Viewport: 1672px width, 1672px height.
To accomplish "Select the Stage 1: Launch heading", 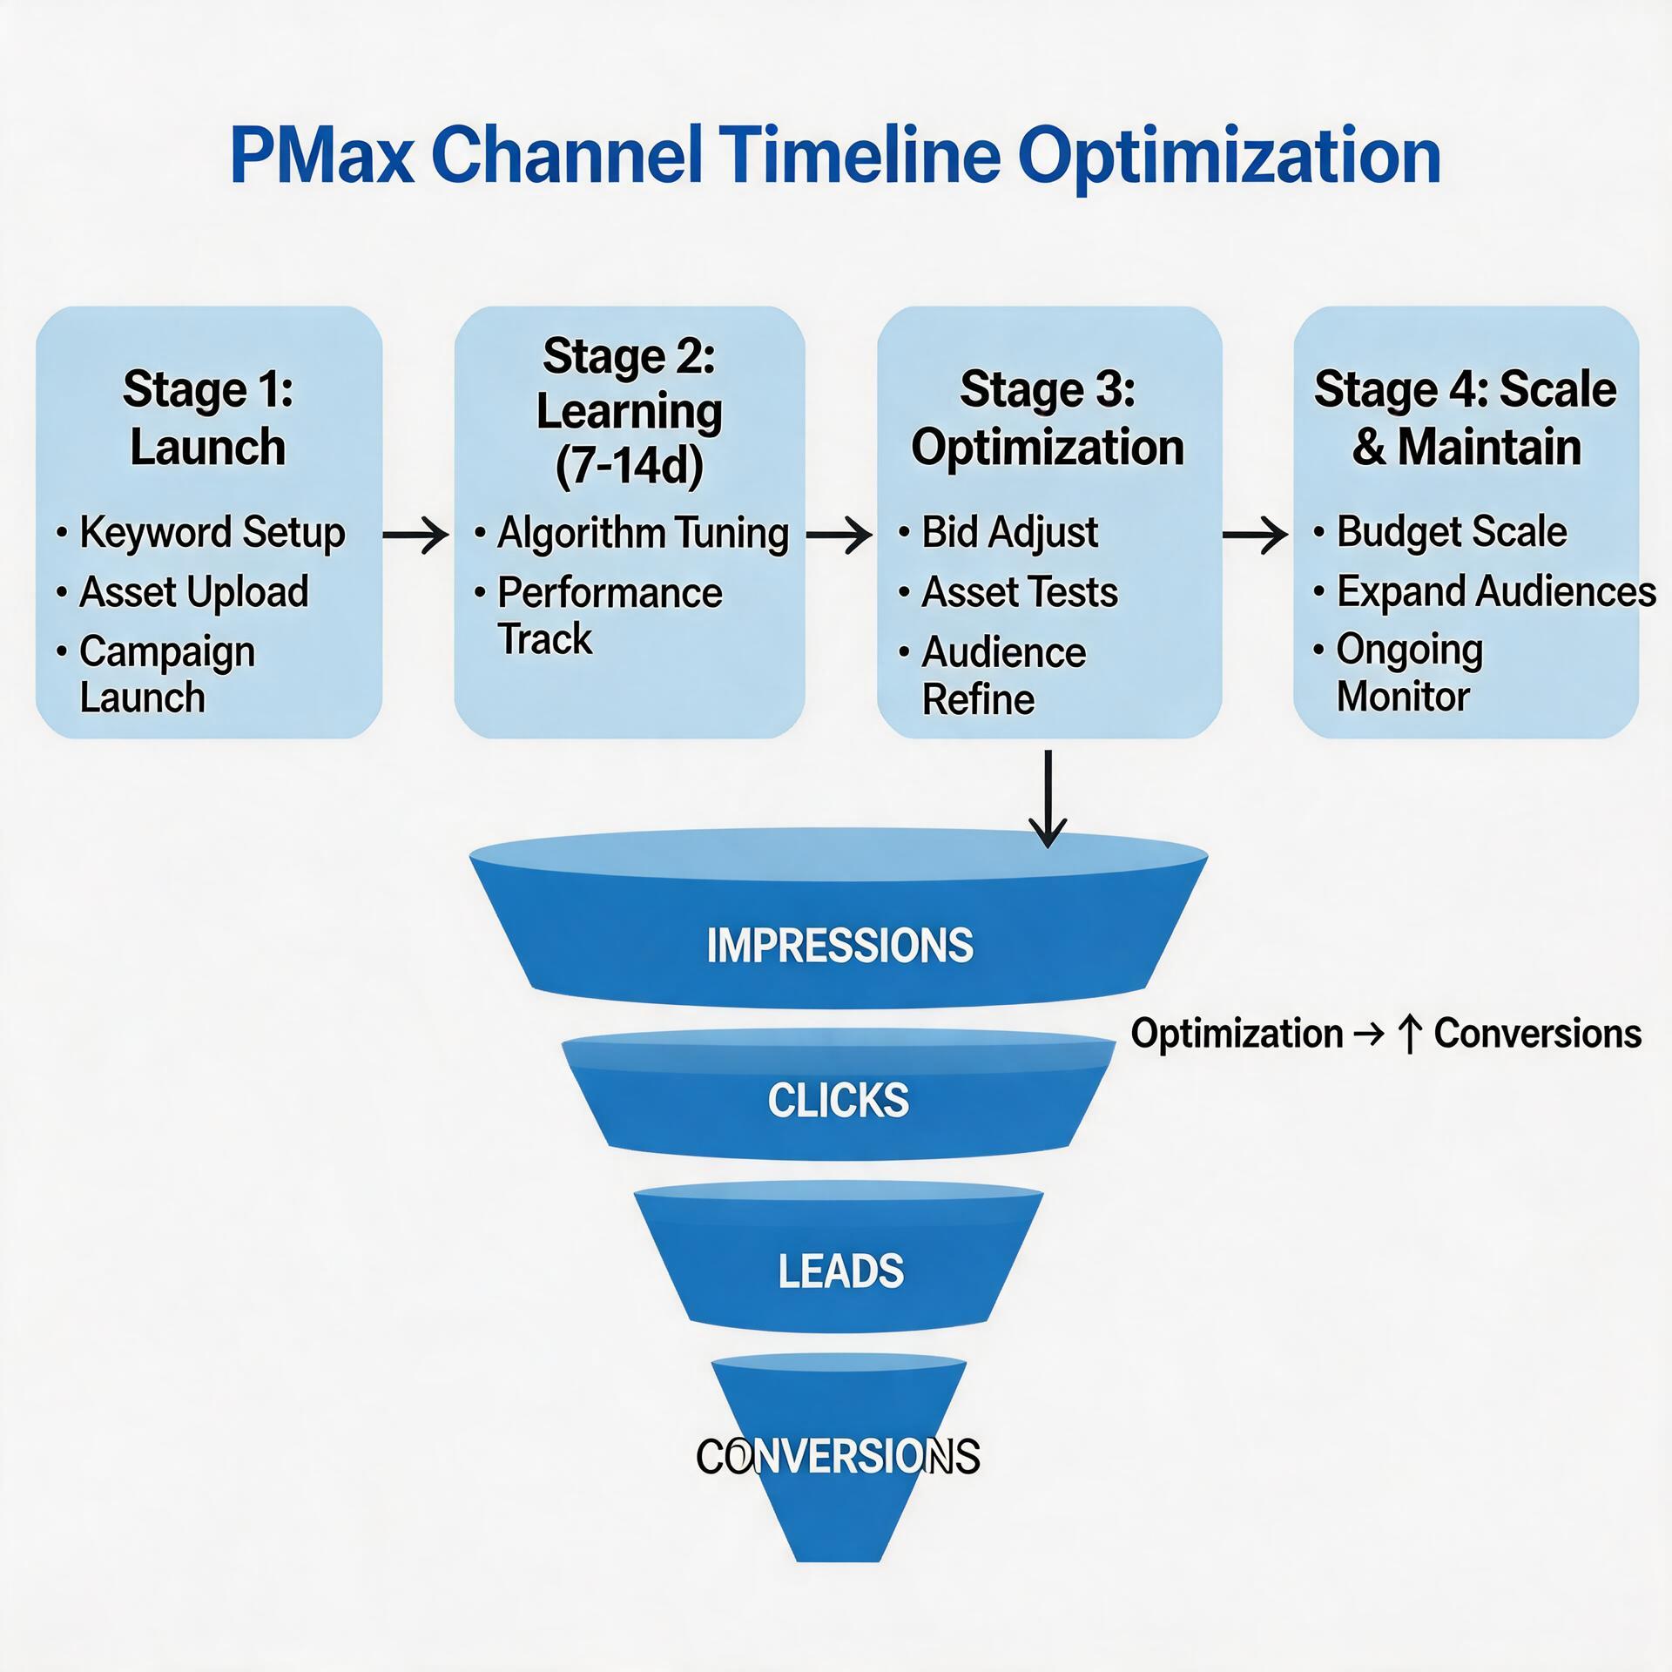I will pyautogui.click(x=208, y=418).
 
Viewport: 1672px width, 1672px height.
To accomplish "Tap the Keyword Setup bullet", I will pyautogui.click(x=212, y=532).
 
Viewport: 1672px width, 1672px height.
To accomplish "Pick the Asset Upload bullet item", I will pyautogui.click(x=193, y=592).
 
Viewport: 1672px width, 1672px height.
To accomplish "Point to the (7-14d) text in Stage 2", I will pyautogui.click(x=630, y=466).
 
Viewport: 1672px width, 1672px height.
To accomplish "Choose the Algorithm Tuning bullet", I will pyautogui.click(x=643, y=533).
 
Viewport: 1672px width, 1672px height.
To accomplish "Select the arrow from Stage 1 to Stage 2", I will pyautogui.click(x=416, y=534).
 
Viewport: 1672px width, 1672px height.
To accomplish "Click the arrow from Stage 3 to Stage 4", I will pyautogui.click(x=1256, y=534).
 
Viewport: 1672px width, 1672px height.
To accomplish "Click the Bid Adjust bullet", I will pyautogui.click(x=1009, y=532).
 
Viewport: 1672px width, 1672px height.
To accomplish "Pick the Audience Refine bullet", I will pyautogui.click(x=1002, y=676).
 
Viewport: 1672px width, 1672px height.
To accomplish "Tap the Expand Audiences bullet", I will pyautogui.click(x=1495, y=592).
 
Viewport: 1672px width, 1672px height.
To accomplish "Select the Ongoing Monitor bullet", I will pyautogui.click(x=1408, y=673).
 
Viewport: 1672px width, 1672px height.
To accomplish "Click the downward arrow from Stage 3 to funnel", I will pyautogui.click(x=1048, y=798).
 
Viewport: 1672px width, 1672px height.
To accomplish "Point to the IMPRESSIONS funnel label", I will pyautogui.click(x=839, y=946).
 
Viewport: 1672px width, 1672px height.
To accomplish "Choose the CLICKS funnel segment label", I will pyautogui.click(x=838, y=1101).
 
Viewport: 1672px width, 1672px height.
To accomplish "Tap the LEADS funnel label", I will pyautogui.click(x=840, y=1271).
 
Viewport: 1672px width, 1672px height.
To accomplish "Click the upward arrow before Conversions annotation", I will pyautogui.click(x=1409, y=1035).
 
